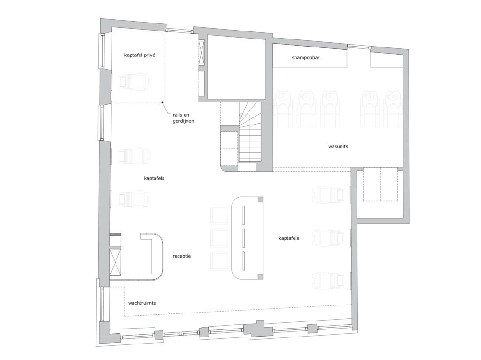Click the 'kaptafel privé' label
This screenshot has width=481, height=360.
[x=140, y=55]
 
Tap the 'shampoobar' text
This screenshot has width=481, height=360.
[x=305, y=57]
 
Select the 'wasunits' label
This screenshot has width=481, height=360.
[x=338, y=146]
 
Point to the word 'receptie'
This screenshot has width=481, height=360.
[x=182, y=256]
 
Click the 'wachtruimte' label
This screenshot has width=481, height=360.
[x=142, y=303]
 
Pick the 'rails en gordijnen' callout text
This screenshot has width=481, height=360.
[x=183, y=118]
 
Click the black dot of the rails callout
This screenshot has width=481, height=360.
[x=163, y=102]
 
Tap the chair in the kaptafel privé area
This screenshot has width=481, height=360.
[x=135, y=81]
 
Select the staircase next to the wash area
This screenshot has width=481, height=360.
[x=250, y=132]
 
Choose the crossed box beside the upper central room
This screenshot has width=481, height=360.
[x=202, y=52]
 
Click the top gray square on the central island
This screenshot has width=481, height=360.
[x=260, y=199]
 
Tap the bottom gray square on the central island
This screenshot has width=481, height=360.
[x=260, y=276]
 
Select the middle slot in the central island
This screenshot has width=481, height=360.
[x=243, y=238]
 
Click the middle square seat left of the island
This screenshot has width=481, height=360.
[x=219, y=237]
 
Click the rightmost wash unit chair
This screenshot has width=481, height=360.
[x=392, y=109]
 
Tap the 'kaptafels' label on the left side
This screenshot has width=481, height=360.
[x=154, y=178]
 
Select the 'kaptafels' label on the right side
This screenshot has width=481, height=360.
[x=289, y=238]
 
